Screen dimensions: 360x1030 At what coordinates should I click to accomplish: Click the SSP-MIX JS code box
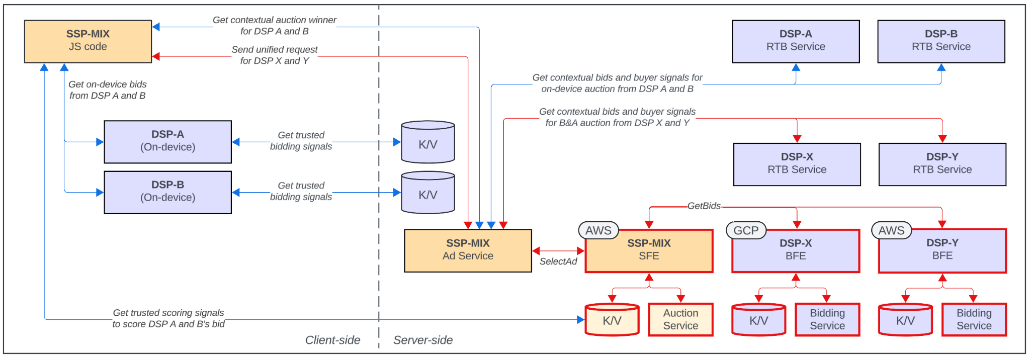point(88,41)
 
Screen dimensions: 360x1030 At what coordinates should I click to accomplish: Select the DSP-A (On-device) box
point(167,142)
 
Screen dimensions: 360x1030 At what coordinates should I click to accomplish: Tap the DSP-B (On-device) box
point(167,192)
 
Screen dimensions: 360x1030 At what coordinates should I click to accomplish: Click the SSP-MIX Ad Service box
point(468,250)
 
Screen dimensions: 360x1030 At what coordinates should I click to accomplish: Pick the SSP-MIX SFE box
point(649,250)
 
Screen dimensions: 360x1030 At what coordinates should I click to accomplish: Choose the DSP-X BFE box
point(796,250)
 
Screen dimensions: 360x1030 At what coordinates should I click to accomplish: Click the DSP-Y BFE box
point(942,250)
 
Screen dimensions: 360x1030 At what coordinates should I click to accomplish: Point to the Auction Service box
point(680,319)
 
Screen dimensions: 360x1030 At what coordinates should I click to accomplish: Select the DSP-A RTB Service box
point(796,41)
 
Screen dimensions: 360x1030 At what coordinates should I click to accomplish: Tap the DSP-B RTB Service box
point(941,41)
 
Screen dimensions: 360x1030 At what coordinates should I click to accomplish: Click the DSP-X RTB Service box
point(797,164)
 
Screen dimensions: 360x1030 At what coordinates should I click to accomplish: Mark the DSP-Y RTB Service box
point(942,164)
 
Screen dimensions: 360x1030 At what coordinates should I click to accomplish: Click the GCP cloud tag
point(746,230)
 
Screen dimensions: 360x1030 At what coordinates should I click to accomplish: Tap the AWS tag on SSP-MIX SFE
point(598,230)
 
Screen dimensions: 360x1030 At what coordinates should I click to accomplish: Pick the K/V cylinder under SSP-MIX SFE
point(612,320)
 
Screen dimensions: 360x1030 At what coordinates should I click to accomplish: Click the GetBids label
point(704,206)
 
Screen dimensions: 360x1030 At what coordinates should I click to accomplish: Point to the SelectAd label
point(558,261)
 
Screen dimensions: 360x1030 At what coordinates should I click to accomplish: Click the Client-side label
point(332,340)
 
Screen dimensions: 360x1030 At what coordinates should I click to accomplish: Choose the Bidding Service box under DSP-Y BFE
point(974,319)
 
